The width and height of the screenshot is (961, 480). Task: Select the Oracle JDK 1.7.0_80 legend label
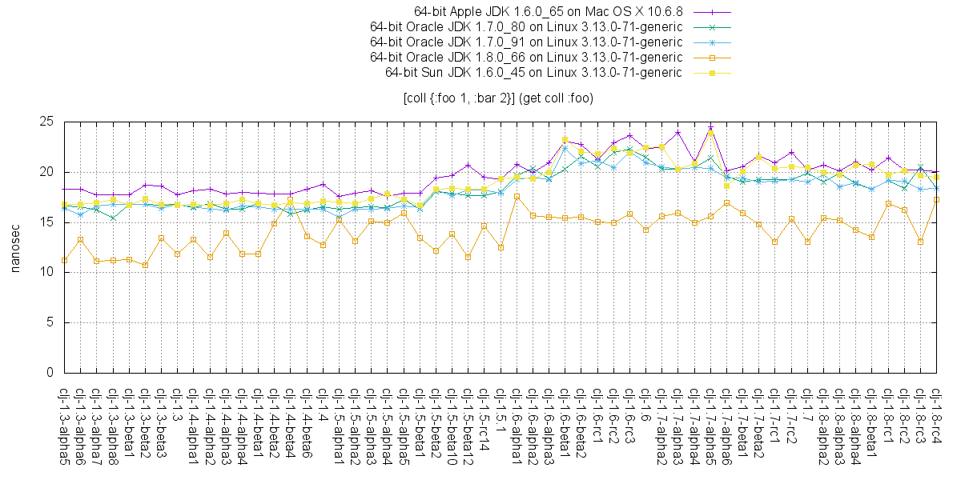526,27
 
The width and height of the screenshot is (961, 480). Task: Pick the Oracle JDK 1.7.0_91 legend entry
526,42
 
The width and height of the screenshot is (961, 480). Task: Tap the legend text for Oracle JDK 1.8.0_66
526,58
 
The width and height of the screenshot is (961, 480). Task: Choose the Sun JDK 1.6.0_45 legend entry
533,73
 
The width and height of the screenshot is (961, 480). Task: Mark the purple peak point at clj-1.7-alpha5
710,128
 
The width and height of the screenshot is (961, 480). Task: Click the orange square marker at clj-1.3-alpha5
64,260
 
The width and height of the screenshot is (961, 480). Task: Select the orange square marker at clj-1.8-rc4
936,199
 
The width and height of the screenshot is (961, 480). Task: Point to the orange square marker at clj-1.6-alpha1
517,196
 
